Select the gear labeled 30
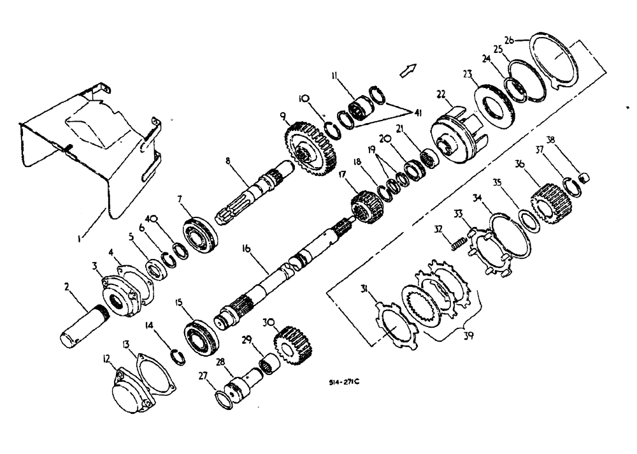coord(290,344)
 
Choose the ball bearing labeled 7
coord(201,235)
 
